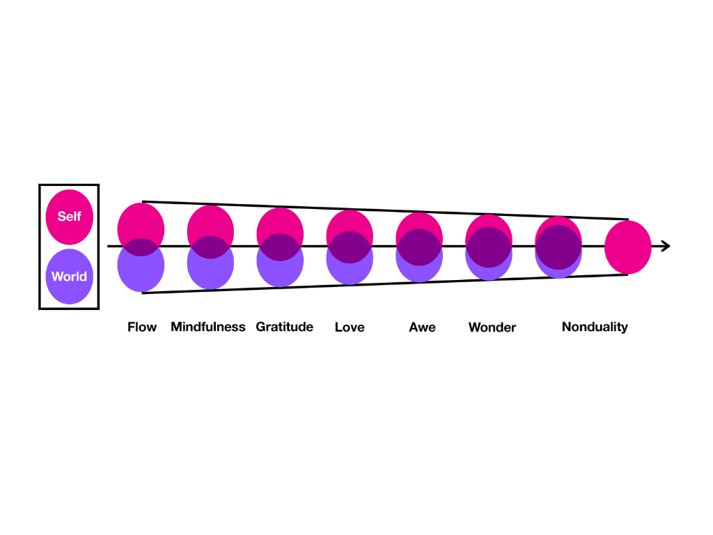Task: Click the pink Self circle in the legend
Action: tap(69, 216)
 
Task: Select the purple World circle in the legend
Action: tap(69, 277)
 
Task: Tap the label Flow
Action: tap(142, 327)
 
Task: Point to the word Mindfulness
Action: tap(208, 327)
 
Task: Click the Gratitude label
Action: tap(284, 327)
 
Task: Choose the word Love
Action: tap(350, 327)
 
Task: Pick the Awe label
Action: tap(422, 327)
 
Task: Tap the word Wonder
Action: tap(492, 327)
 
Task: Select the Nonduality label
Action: tap(595, 327)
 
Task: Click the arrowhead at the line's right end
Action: tap(666, 246)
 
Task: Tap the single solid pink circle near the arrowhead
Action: tap(628, 247)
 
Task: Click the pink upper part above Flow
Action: tap(141, 219)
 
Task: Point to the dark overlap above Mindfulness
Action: tap(210, 247)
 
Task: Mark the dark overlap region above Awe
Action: tap(419, 247)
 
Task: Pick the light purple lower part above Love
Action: tap(350, 274)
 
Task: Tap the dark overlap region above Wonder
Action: tap(489, 247)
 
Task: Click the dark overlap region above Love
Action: tap(350, 247)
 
